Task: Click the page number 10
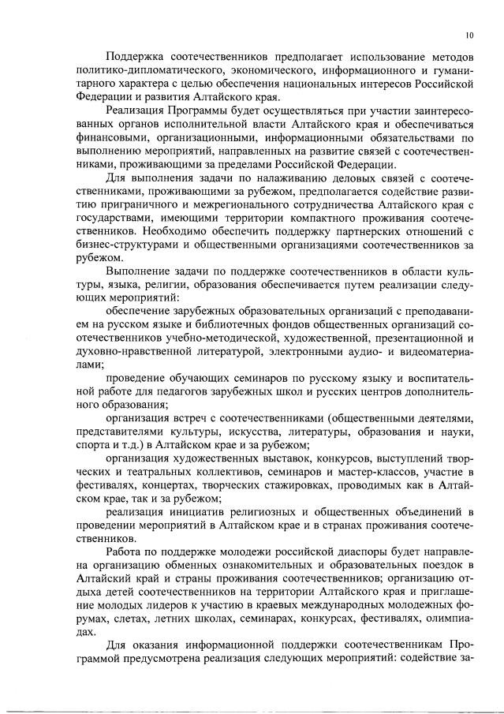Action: point(469,35)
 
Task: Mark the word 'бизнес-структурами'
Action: point(126,251)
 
